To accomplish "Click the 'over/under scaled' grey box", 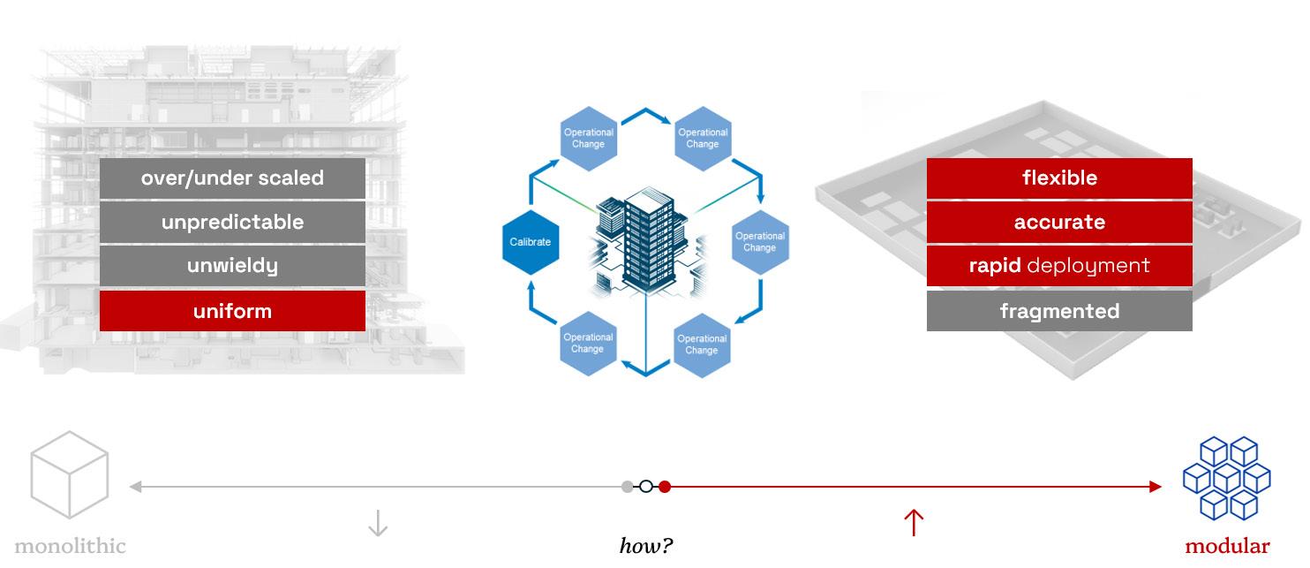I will (232, 178).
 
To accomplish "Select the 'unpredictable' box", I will (232, 223).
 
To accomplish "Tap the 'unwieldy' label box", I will (232, 266).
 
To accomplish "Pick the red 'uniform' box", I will (232, 311).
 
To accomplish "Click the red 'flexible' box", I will (1059, 178).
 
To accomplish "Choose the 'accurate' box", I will (1059, 223).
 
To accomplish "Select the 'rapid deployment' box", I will (1059, 266).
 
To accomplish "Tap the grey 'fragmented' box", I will (1059, 311).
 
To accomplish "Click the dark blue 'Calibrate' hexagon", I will (531, 241).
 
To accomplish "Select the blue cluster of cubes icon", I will (1226, 477).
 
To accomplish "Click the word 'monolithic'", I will (70, 546).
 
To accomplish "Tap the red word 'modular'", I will (1227, 546).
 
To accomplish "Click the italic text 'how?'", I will (646, 546).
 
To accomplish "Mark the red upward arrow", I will (914, 522).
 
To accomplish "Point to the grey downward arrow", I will (377, 523).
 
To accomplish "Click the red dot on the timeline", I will (665, 486).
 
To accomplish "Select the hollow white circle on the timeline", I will (646, 486).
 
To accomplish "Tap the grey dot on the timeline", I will (628, 486).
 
